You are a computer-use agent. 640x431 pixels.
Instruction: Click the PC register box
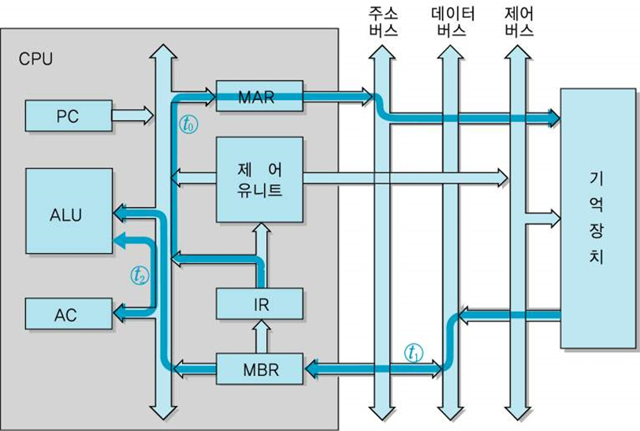pyautogui.click(x=68, y=116)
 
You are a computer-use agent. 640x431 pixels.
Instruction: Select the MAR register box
pyautogui.click(x=259, y=97)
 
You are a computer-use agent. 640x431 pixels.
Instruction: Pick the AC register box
pyautogui.click(x=68, y=314)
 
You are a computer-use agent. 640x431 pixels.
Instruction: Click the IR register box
pyautogui.click(x=259, y=304)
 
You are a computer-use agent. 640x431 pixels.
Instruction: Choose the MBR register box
pyautogui.click(x=259, y=367)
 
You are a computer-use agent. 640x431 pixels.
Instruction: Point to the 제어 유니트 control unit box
pyautogui.click(x=259, y=180)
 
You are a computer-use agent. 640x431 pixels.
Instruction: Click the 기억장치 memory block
pyautogui.click(x=597, y=218)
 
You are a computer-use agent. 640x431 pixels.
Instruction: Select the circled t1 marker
pyautogui.click(x=413, y=352)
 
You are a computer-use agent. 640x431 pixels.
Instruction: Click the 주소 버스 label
pyautogui.click(x=383, y=22)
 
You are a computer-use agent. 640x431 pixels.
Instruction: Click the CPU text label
pyautogui.click(x=35, y=59)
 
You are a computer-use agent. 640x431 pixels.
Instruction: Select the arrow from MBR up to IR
pyautogui.click(x=259, y=337)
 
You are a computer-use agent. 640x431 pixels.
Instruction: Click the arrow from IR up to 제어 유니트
pyautogui.click(x=259, y=255)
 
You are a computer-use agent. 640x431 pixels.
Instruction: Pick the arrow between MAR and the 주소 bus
pyautogui.click(x=337, y=97)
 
